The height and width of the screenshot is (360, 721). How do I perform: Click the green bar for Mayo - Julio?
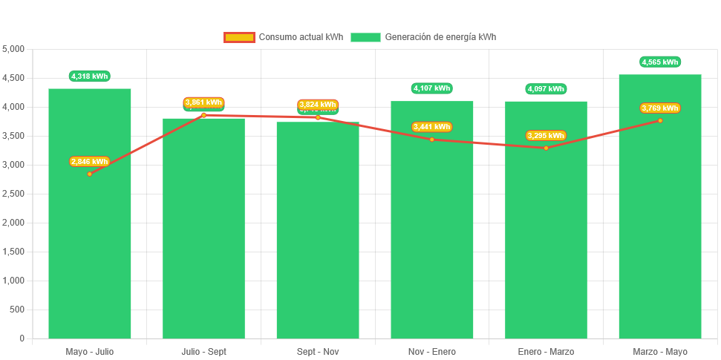click(90, 252)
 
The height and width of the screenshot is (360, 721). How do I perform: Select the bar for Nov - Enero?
click(432, 238)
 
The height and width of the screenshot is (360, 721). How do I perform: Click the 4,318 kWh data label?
click(90, 76)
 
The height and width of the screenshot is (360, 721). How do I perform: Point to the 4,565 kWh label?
click(660, 62)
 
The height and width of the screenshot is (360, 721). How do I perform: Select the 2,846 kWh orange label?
click(90, 161)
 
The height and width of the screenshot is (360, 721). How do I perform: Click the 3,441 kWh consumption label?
click(432, 127)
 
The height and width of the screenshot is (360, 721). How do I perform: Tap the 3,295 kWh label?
click(546, 135)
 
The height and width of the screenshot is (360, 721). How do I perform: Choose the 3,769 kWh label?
click(660, 108)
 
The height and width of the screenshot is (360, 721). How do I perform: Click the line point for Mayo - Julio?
click(90, 174)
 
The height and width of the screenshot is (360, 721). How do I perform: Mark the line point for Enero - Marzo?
click(546, 148)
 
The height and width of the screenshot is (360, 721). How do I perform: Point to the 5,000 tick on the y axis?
click(13, 49)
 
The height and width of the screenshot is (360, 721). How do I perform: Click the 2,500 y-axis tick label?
click(13, 194)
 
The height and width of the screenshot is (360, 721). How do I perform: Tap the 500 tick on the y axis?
click(16, 310)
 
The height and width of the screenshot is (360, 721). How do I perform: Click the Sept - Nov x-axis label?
click(318, 351)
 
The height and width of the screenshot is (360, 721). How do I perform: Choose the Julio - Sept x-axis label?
click(203, 351)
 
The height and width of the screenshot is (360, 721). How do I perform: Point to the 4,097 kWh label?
click(546, 89)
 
